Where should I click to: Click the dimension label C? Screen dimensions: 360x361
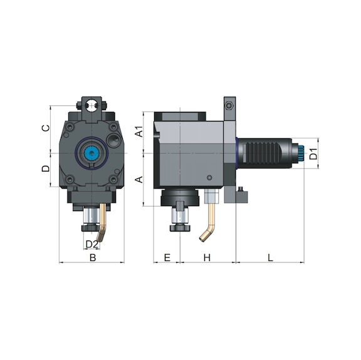pos(44,128)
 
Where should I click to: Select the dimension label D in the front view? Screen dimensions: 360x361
pos(44,169)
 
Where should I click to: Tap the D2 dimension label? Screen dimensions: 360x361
pos(91,244)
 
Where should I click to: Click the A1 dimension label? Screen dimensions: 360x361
pos(140,132)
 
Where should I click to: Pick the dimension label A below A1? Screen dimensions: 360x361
pos(140,179)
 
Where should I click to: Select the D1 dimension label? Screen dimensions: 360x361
pos(315,153)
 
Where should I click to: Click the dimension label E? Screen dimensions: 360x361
pos(167,257)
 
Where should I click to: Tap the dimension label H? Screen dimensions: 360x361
pos(207,257)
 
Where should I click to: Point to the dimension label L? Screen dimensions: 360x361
pos(270,257)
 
